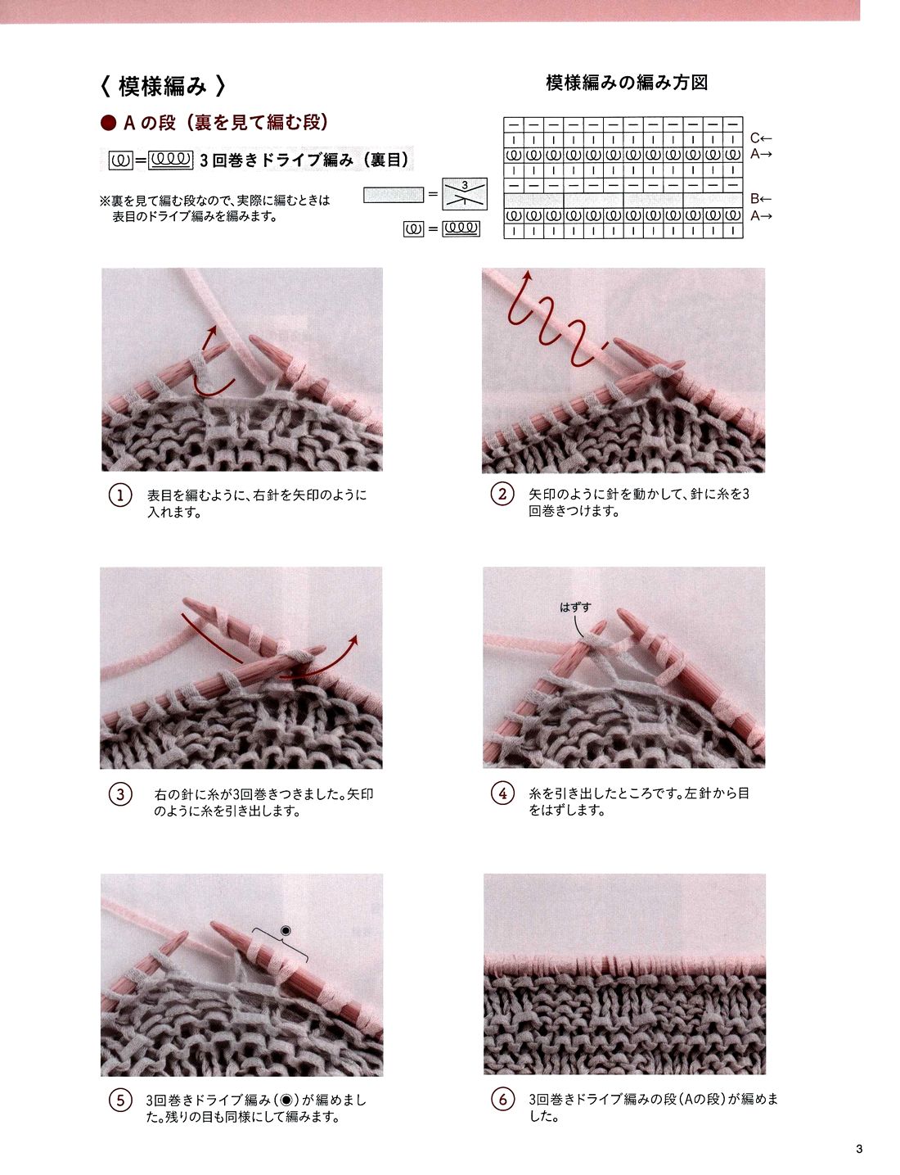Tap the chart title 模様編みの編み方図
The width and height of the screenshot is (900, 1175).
(627, 83)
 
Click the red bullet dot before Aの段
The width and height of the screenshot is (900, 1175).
(109, 124)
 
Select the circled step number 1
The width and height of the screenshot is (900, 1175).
(120, 496)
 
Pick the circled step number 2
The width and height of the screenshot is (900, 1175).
(502, 495)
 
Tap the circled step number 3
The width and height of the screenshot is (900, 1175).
(120, 795)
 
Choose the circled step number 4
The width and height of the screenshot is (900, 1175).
(502, 793)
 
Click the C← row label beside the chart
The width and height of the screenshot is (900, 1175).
(761, 139)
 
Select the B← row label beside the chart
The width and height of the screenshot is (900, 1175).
(761, 199)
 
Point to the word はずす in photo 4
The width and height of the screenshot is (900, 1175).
(575, 608)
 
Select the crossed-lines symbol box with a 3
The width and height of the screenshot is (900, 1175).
(465, 193)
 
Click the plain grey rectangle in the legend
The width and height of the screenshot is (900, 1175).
(394, 195)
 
